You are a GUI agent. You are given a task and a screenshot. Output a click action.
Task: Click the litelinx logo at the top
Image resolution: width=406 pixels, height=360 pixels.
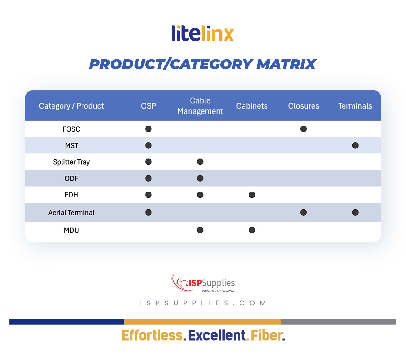pos(203,33)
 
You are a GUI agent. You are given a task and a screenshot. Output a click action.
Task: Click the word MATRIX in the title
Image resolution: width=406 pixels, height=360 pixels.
pos(286,64)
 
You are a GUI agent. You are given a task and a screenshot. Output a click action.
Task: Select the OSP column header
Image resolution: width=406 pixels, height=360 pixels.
pos(148,106)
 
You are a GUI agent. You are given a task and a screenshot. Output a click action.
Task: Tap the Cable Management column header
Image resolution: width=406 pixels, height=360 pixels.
pos(200,106)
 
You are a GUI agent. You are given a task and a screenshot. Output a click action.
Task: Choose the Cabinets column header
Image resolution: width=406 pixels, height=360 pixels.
pos(252,106)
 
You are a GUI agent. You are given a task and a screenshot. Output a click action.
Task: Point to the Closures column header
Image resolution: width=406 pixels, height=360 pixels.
pos(303,106)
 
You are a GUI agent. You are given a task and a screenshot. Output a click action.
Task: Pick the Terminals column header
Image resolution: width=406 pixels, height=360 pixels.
pos(355,106)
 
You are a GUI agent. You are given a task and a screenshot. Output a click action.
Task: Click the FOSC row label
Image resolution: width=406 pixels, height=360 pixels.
pos(71,129)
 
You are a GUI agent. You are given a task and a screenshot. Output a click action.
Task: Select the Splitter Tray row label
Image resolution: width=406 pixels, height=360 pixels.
pos(71,162)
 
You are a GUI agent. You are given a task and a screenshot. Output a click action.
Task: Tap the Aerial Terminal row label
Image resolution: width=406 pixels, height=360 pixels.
pos(71,212)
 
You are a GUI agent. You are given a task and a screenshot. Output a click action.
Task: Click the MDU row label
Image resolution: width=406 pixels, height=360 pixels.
pos(71,230)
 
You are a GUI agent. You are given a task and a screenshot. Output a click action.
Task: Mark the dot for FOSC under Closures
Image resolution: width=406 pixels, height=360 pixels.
pos(303,129)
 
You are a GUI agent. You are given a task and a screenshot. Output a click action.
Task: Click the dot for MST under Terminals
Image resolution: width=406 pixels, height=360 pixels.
pos(355,145)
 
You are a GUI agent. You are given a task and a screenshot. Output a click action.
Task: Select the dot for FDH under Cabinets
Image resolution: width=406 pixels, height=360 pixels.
pos(252,195)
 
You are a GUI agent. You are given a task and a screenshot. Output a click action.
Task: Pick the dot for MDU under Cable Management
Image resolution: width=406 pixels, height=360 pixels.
pos(200,230)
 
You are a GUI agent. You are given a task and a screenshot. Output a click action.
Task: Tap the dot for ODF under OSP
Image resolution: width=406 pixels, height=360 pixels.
pos(148,178)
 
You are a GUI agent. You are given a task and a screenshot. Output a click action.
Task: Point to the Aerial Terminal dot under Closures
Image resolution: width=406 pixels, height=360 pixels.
pos(303,212)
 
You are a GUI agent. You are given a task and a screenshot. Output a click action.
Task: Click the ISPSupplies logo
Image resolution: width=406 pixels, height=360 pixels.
pos(203,283)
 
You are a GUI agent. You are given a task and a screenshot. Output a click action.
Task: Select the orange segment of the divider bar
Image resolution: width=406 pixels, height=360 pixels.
pos(203,322)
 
